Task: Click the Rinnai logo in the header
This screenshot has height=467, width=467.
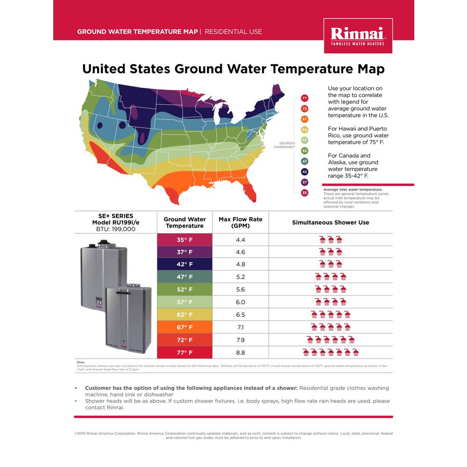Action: [x=358, y=35]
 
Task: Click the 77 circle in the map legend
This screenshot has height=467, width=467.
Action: [x=304, y=98]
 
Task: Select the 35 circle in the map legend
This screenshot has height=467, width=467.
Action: [x=304, y=192]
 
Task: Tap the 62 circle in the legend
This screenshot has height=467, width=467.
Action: [x=304, y=129]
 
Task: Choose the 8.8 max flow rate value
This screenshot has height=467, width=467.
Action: [x=241, y=353]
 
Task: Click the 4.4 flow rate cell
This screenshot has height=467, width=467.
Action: [x=241, y=240]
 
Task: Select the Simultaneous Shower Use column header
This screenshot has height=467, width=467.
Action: [x=330, y=222]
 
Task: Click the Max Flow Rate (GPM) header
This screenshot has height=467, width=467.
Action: [x=241, y=222]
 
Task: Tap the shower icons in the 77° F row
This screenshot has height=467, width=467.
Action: [x=330, y=352]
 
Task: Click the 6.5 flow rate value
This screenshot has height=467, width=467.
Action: [x=241, y=315]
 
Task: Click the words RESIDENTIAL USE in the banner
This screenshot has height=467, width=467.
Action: [x=233, y=32]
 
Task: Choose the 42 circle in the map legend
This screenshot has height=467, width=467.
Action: [x=304, y=171]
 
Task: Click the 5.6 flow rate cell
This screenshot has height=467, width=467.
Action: [x=241, y=290]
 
